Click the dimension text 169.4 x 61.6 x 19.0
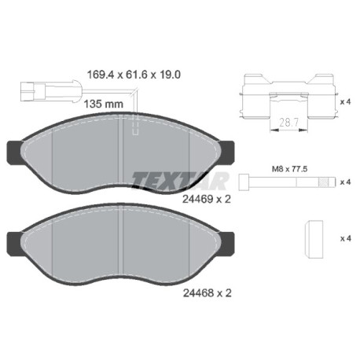pyautogui.click(x=134, y=75)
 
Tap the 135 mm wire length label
pyautogui.click(x=104, y=104)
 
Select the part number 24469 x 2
pyautogui.click(x=207, y=200)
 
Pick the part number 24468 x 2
pyautogui.click(x=207, y=293)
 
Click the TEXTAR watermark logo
pyautogui.click(x=180, y=181)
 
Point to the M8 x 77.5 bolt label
pyautogui.click(x=289, y=169)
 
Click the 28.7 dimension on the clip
pyautogui.click(x=288, y=123)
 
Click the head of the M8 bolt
pyautogui.click(x=244, y=182)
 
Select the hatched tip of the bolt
pyautogui.click(x=323, y=182)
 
